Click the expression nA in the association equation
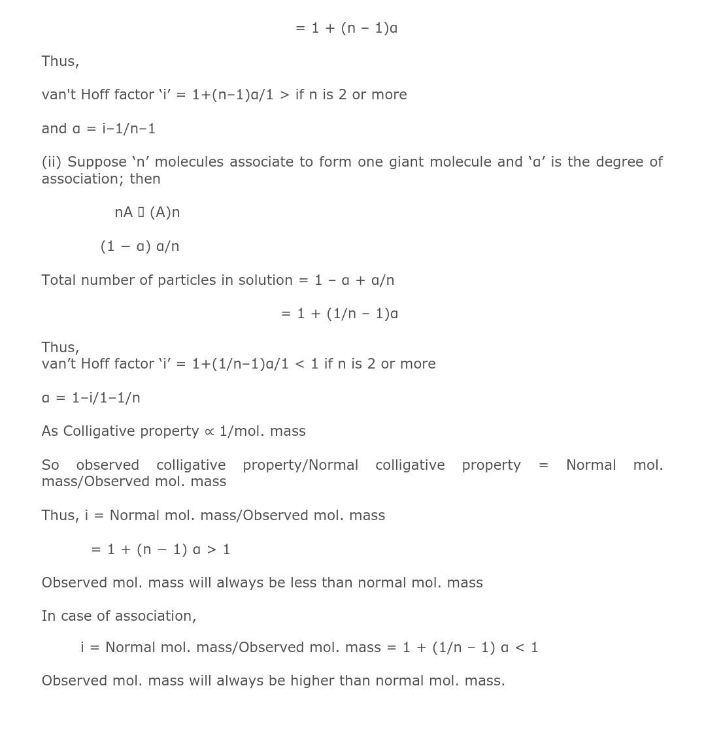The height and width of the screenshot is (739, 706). click(x=124, y=212)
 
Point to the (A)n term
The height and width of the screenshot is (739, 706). click(x=165, y=212)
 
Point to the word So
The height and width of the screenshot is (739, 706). click(x=50, y=465)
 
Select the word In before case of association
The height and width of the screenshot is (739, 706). click(x=47, y=616)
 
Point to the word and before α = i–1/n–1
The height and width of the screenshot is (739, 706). click(x=54, y=129)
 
